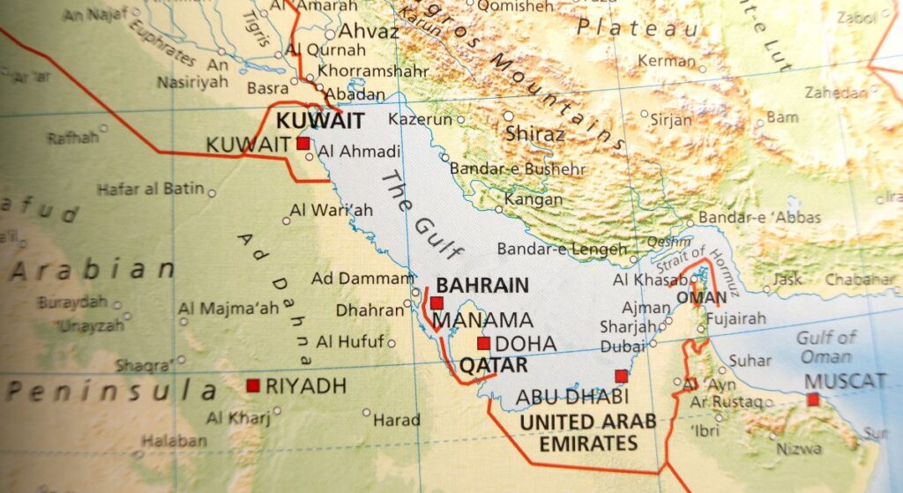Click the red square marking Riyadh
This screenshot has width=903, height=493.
click(x=253, y=385)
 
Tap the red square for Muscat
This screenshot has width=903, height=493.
click(x=812, y=400)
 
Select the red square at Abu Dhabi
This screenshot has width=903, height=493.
click(x=621, y=377)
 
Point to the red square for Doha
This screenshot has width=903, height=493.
click(x=483, y=343)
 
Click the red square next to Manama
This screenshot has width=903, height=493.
click(x=437, y=303)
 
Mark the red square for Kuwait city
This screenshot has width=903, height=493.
click(x=302, y=143)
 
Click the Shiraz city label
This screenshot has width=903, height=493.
click(x=535, y=134)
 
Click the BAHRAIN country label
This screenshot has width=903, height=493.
click(x=482, y=285)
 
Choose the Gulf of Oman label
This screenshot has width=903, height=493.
click(x=826, y=347)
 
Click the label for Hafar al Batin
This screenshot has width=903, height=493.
click(x=150, y=188)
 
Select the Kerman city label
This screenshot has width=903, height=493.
click(x=667, y=62)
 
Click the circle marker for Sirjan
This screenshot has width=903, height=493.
click(x=644, y=115)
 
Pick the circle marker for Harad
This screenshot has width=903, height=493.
click(x=367, y=412)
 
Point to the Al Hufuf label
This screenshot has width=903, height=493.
click(x=350, y=341)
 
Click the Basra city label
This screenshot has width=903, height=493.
click(x=267, y=88)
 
